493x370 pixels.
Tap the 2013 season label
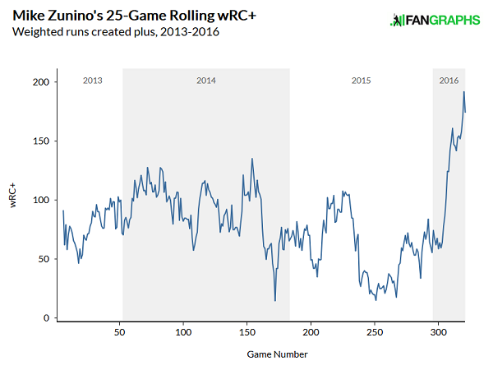(93, 81)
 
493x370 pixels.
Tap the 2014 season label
(206, 81)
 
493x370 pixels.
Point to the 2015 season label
(361, 81)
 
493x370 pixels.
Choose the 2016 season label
(449, 81)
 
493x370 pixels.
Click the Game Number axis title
(277, 354)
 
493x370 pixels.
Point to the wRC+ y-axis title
(14, 200)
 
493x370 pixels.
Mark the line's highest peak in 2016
(463, 92)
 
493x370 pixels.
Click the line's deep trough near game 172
(274, 301)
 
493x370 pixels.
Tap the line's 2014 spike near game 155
(252, 159)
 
